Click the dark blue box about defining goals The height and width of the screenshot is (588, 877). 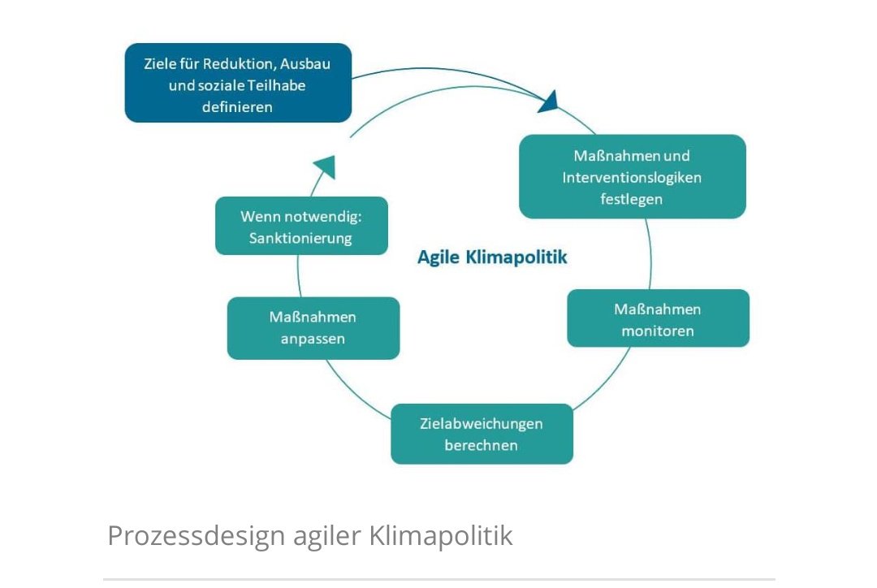[x=238, y=83]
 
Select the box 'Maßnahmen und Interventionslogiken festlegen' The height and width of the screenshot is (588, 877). [x=632, y=176]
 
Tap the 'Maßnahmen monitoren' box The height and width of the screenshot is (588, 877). [x=658, y=318]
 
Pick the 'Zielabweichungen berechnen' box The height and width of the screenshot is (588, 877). [x=482, y=434]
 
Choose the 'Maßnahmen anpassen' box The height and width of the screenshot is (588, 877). [x=313, y=328]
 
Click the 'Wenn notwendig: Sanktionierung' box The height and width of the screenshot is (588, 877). [x=301, y=227]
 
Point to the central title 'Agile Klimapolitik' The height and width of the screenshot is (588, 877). [x=492, y=257]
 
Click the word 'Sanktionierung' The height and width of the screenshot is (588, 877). [x=301, y=238]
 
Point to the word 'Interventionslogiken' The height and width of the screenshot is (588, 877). [x=632, y=177]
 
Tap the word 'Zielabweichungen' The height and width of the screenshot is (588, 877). [x=482, y=423]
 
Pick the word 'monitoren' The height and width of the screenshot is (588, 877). [x=658, y=331]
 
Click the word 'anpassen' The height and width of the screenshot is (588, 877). [x=313, y=339]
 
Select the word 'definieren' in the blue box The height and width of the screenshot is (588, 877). [x=237, y=106]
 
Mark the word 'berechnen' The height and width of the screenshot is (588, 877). [x=481, y=445]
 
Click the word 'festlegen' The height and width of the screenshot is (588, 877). [x=632, y=198]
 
